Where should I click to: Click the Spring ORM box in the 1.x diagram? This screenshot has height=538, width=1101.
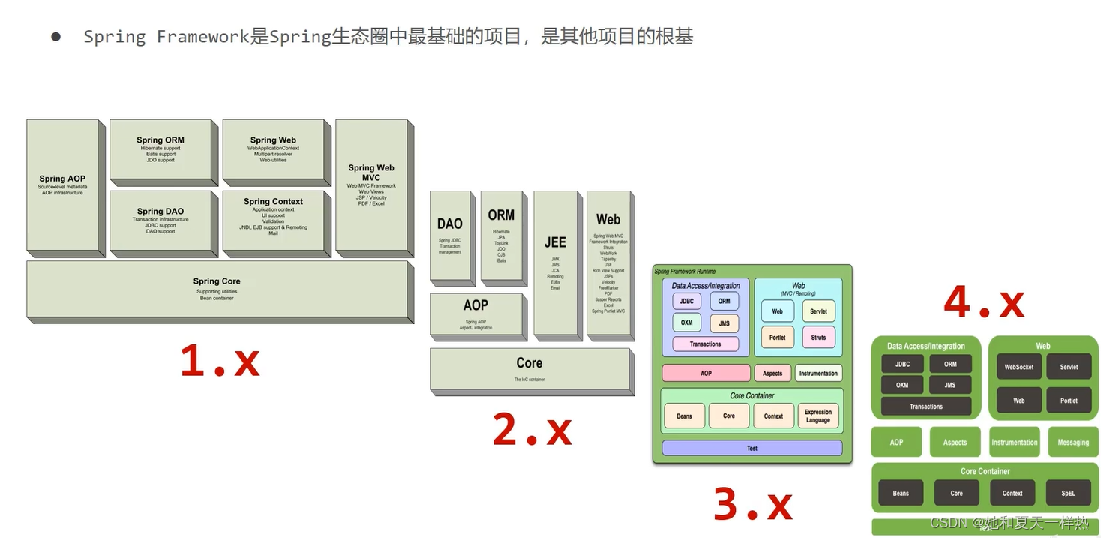point(160,149)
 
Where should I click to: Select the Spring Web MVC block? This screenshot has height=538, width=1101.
point(371,185)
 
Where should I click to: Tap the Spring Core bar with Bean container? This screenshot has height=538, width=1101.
point(217,290)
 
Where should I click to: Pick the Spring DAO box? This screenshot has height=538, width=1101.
point(160,221)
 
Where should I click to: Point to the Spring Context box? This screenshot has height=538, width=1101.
point(274,221)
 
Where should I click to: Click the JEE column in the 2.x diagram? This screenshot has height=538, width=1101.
point(555,263)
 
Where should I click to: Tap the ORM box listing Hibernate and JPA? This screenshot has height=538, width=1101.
point(501,236)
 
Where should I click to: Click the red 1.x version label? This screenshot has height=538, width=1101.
point(220,361)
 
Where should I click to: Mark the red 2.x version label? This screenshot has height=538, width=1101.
point(532,431)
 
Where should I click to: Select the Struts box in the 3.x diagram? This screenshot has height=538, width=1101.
point(818,337)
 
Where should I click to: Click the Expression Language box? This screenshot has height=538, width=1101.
point(817,416)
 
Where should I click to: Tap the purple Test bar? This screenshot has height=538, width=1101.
point(751,448)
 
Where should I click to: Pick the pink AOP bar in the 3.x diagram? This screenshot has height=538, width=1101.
point(706,373)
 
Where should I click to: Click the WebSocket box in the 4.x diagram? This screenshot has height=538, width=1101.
point(1018,367)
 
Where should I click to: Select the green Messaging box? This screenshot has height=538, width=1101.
point(1072,442)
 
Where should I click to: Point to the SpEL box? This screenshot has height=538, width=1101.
point(1068,493)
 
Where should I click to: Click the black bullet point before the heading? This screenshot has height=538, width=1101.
point(55,36)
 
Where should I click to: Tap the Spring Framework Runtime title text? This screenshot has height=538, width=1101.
point(685,272)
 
